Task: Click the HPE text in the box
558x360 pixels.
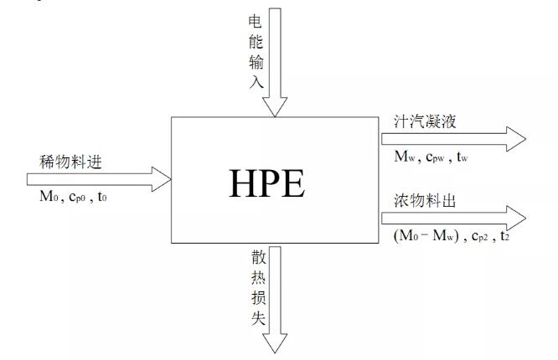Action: click(x=267, y=183)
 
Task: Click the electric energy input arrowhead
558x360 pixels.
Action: click(x=275, y=106)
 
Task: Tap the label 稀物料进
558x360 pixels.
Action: click(x=70, y=162)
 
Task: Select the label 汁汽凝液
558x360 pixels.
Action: click(x=425, y=121)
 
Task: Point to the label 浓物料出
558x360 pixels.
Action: click(x=425, y=201)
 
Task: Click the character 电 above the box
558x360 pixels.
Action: click(x=256, y=22)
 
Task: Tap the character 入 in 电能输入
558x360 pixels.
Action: click(x=256, y=81)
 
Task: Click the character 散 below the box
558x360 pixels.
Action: click(x=259, y=257)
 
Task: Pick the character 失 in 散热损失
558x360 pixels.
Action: click(x=259, y=317)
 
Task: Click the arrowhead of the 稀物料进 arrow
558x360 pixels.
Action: click(x=162, y=179)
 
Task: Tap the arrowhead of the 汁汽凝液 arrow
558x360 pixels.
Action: click(x=516, y=139)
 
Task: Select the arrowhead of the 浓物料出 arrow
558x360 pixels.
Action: click(x=516, y=218)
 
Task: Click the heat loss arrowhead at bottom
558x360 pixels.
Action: click(x=275, y=343)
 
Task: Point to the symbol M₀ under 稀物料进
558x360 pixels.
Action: click(x=49, y=197)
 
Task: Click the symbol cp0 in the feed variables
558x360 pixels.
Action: click(x=77, y=197)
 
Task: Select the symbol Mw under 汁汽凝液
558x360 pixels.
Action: click(x=405, y=157)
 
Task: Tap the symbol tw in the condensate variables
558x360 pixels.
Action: click(x=462, y=157)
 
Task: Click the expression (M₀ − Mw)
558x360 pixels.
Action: click(x=426, y=236)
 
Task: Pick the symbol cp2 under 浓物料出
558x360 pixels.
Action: click(x=479, y=237)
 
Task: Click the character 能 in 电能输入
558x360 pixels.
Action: click(x=256, y=42)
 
